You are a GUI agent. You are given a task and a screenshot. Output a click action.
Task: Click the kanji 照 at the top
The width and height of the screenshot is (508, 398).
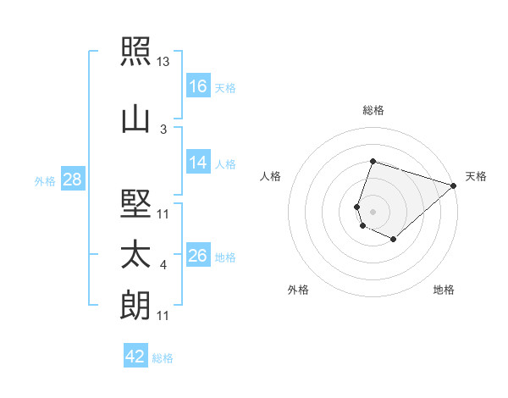click(135, 51)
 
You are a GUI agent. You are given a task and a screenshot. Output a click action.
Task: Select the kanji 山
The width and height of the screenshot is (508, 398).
click(135, 120)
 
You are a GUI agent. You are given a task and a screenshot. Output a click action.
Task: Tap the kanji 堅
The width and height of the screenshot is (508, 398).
click(135, 203)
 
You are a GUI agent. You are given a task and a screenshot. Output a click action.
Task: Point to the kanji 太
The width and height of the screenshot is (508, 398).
click(135, 254)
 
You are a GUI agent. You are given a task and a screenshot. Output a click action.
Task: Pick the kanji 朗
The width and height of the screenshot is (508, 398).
click(135, 305)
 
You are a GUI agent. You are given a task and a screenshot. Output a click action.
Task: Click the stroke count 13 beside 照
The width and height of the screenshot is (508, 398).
click(163, 62)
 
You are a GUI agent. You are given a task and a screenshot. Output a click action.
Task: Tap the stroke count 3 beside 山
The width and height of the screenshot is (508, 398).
click(163, 130)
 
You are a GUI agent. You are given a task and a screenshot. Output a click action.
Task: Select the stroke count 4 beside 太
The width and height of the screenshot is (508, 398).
click(163, 265)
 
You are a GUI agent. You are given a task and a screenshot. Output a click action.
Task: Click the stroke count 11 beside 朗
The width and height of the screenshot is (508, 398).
click(163, 316)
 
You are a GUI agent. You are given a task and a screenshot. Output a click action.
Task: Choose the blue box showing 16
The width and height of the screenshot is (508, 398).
click(198, 86)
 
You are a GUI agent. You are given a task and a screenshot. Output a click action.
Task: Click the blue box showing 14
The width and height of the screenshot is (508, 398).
click(198, 162)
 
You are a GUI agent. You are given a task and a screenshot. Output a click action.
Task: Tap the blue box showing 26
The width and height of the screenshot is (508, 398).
click(198, 254)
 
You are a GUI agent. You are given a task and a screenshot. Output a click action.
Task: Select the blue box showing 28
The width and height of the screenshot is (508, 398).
click(73, 179)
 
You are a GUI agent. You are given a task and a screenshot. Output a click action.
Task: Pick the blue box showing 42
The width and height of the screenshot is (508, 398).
click(135, 355)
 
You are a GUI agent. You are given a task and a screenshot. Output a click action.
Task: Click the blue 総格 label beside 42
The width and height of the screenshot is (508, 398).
click(163, 358)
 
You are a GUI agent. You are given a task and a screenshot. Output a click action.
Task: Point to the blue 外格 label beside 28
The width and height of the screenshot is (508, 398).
click(45, 181)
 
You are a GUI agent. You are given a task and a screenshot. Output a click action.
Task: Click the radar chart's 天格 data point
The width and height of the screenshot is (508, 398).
click(453, 185)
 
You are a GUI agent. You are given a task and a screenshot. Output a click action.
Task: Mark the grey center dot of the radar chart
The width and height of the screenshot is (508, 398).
click(373, 212)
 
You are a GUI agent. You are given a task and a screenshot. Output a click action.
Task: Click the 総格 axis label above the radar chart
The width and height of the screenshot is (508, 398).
click(373, 110)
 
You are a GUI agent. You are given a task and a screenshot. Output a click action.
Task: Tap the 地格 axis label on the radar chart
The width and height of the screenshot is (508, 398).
click(444, 290)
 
